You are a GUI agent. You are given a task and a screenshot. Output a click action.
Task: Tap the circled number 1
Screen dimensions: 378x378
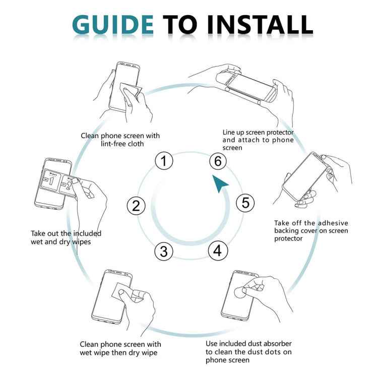click(x=163, y=161)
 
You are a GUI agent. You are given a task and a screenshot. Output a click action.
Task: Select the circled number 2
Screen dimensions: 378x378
click(x=136, y=205)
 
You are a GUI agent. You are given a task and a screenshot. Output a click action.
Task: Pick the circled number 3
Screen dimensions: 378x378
click(x=163, y=251)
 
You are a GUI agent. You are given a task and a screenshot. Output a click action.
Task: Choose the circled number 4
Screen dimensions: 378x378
click(x=217, y=250)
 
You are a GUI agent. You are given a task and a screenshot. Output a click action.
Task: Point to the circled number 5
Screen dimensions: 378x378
click(x=245, y=203)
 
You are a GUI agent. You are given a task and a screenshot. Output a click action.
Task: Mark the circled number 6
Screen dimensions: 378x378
click(x=218, y=161)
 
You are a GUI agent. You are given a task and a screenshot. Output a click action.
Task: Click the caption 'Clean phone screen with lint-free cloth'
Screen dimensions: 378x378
click(x=120, y=140)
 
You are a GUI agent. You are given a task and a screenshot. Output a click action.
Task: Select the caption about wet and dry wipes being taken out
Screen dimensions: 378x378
click(x=66, y=237)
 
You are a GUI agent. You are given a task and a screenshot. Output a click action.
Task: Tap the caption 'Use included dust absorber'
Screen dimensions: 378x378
click(x=248, y=352)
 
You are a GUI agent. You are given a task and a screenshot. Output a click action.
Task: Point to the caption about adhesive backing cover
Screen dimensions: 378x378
click(x=311, y=230)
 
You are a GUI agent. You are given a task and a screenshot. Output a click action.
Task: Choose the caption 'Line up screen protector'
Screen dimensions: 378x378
click(x=258, y=140)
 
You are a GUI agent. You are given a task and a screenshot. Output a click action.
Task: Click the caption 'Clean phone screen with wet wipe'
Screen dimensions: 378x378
click(x=120, y=348)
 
